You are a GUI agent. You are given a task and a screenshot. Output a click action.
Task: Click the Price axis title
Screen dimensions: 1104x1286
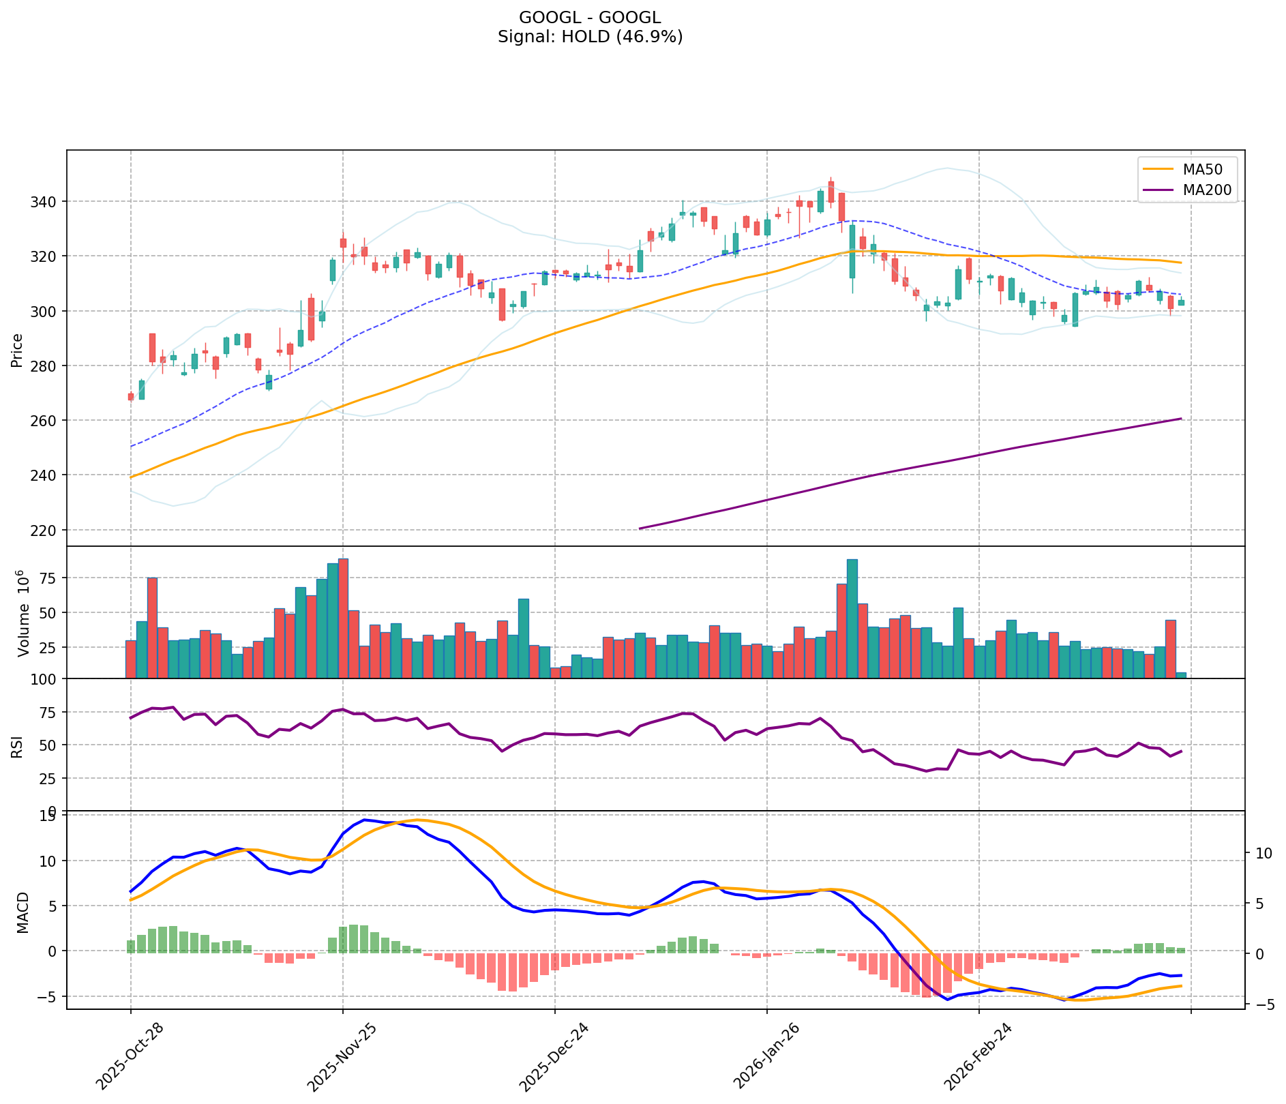17,350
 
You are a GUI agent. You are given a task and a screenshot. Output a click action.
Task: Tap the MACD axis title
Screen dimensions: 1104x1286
23,912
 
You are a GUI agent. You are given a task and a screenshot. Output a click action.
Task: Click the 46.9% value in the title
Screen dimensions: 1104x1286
650,37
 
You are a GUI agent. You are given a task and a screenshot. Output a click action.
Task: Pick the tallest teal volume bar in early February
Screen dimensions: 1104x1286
852,618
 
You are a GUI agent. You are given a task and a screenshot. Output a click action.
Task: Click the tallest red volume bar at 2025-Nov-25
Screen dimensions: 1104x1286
343,618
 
